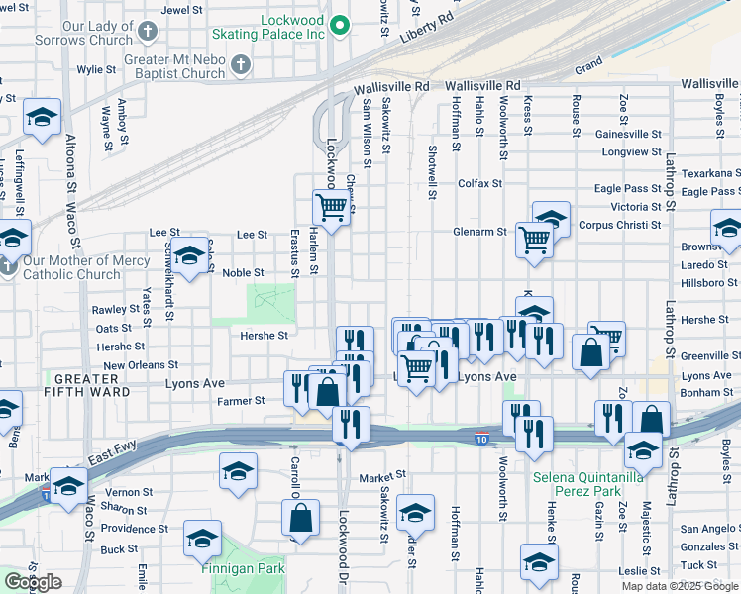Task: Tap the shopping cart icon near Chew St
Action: [x=331, y=208]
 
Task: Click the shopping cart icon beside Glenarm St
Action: [x=534, y=239]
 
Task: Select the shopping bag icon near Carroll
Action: [x=300, y=517]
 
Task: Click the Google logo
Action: [x=33, y=582]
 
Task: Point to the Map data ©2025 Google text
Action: [x=680, y=586]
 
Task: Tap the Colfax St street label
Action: [x=479, y=183]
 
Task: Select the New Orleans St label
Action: [x=141, y=365]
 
